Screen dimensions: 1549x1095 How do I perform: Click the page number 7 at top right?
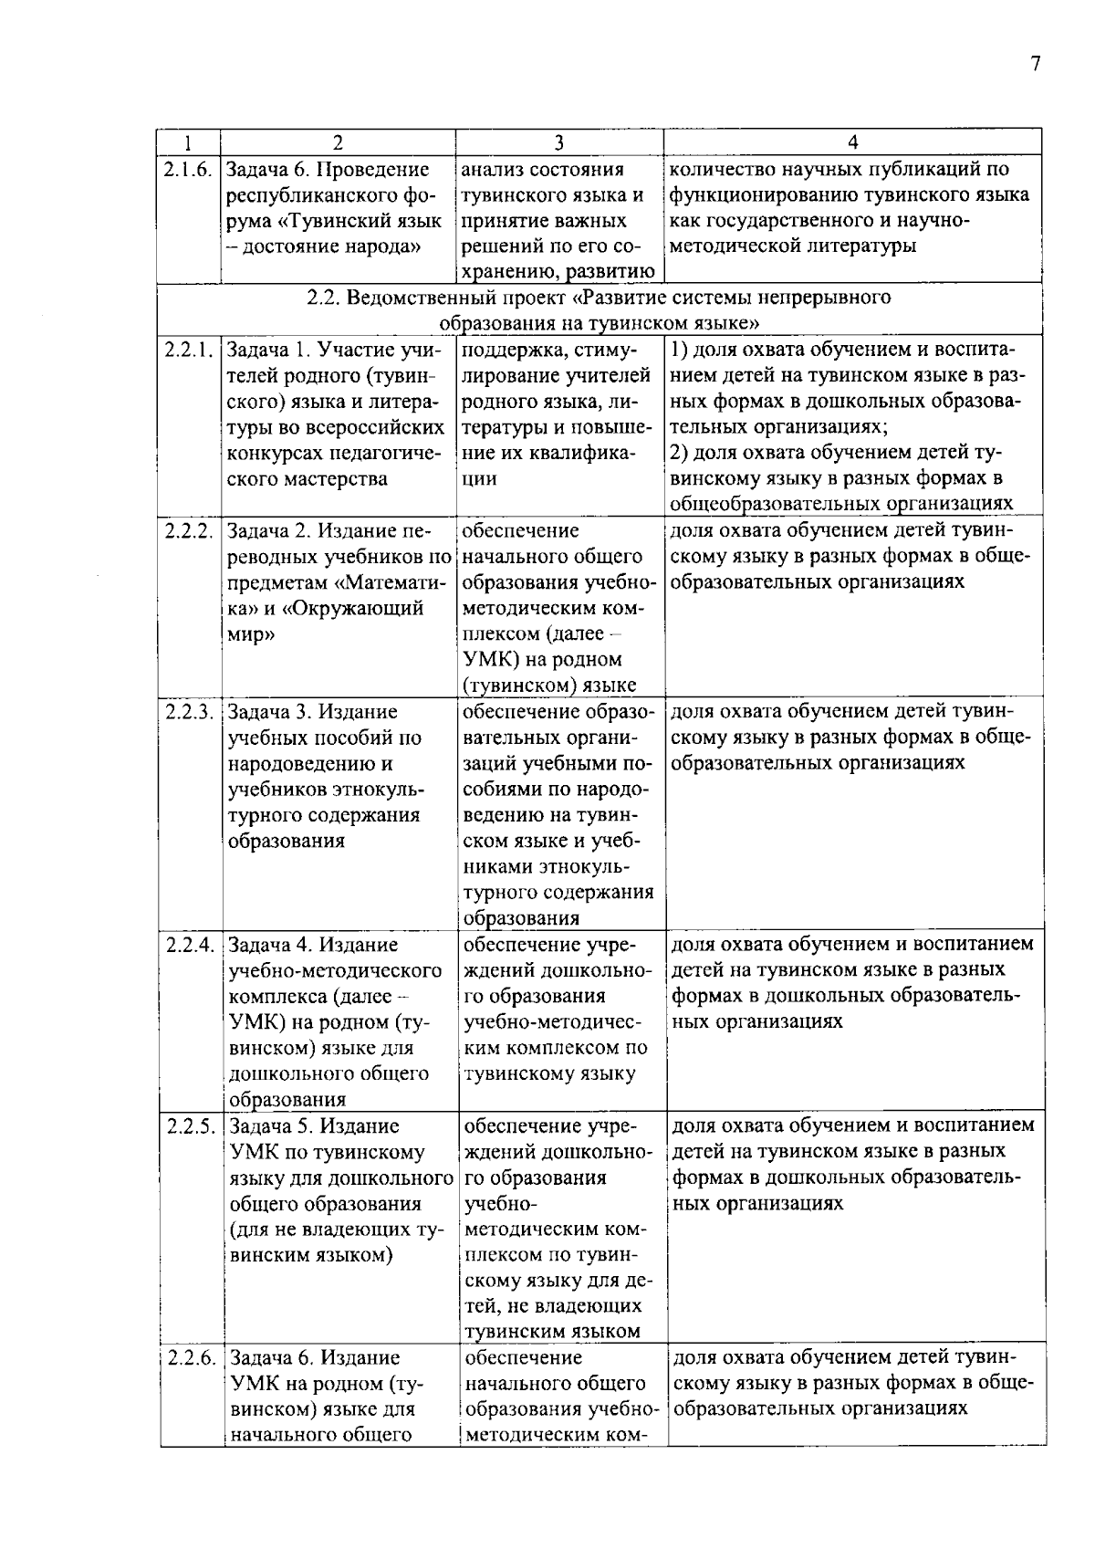(x=1035, y=63)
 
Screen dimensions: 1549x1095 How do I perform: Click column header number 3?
(x=559, y=142)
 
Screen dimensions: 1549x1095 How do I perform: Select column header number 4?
(x=852, y=142)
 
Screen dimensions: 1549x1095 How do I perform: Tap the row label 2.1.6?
(x=188, y=169)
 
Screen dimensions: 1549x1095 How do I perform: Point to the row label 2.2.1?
(x=189, y=350)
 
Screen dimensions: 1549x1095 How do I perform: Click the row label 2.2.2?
(x=190, y=530)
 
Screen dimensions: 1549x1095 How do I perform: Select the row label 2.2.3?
(x=190, y=711)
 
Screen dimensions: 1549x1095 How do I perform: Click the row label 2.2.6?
(x=192, y=1357)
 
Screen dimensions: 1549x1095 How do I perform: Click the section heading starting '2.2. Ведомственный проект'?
(x=599, y=298)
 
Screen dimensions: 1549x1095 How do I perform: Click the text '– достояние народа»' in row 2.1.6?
(x=322, y=246)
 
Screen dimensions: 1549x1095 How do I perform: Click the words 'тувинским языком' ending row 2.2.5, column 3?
(x=552, y=1331)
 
